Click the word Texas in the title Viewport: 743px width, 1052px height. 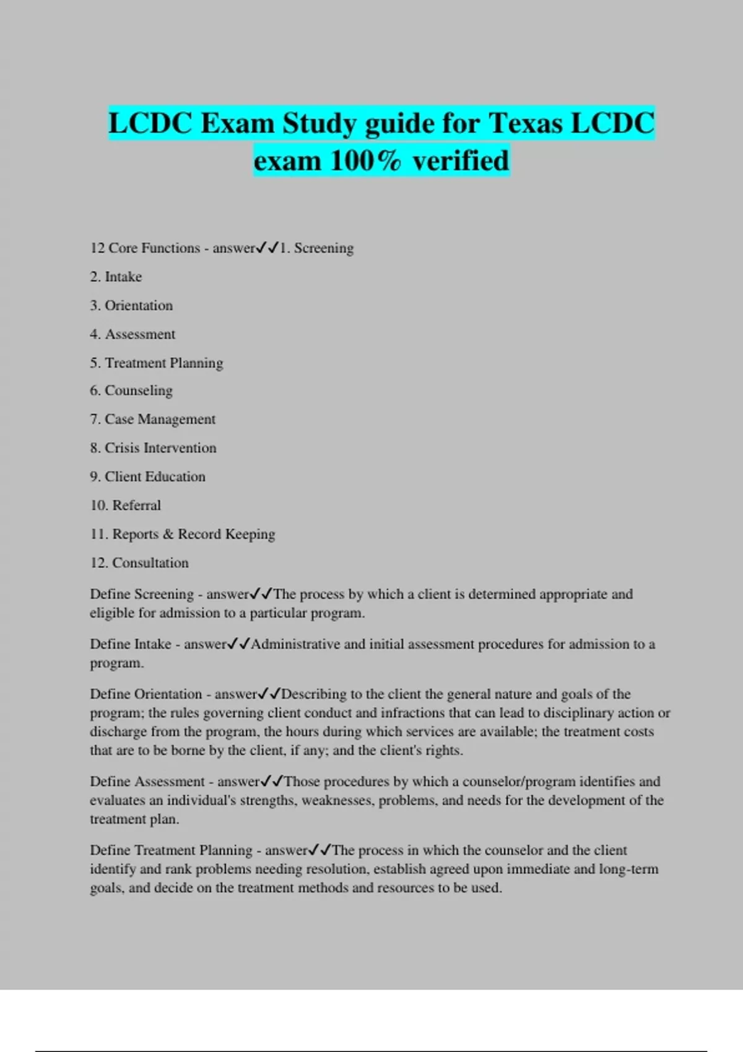[x=526, y=123]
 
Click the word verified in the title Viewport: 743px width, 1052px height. [x=461, y=161]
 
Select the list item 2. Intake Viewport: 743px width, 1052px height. [x=116, y=277]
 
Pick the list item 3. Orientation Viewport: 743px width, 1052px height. [x=131, y=305]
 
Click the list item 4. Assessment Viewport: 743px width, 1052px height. [x=133, y=334]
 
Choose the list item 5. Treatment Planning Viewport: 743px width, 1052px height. [x=157, y=363]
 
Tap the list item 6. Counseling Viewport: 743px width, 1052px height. [x=131, y=390]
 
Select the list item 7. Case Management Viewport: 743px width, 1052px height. [x=152, y=419]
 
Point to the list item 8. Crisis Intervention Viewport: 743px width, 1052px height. [x=153, y=447]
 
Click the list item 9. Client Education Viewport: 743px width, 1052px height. [x=147, y=476]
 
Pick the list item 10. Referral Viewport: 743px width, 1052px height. [x=126, y=505]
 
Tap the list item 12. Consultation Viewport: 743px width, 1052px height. [x=139, y=563]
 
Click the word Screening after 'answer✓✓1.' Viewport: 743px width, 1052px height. [x=324, y=248]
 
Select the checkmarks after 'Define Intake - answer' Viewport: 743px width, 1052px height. [x=238, y=644]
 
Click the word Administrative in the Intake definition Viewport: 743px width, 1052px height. [x=295, y=644]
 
